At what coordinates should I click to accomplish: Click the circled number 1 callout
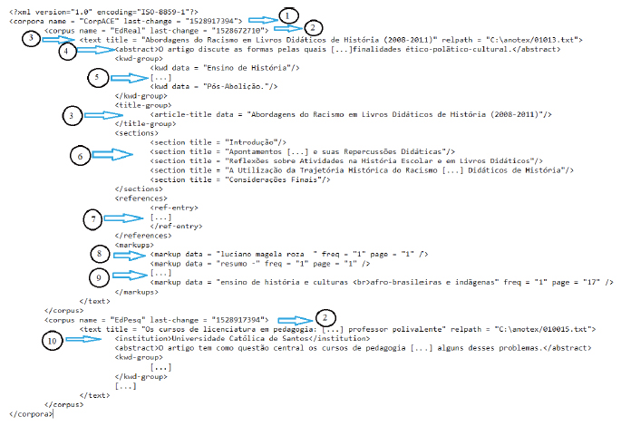coord(287,15)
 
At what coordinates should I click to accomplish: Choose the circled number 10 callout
coord(53,341)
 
